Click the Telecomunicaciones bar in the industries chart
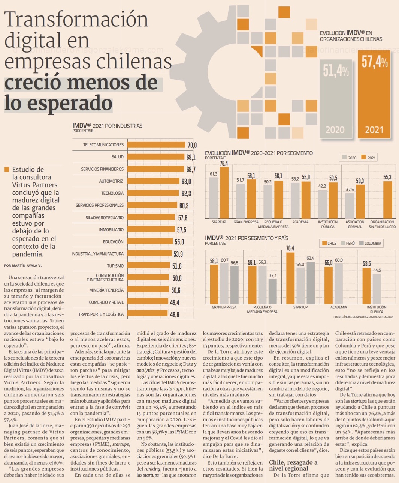[156, 145]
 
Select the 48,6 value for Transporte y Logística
[175, 314]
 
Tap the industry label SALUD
[117, 157]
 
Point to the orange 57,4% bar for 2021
[374, 94]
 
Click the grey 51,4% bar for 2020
[336, 98]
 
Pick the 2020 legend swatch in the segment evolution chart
[344, 158]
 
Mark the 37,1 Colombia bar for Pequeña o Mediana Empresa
[272, 291]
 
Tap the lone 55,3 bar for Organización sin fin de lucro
[387, 200]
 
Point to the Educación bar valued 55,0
[150, 242]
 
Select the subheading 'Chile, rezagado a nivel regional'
[293, 465]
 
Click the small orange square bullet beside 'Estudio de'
[7, 170]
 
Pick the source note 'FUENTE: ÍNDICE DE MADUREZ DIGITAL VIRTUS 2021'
[363, 317]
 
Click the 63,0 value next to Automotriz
[186, 181]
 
